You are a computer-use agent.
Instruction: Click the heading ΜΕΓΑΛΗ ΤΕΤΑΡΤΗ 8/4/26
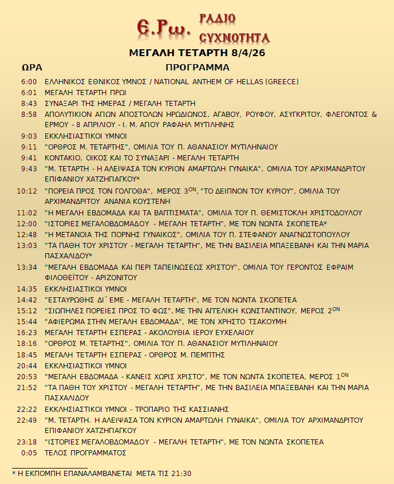[197, 53]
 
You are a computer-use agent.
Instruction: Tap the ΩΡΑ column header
[31, 68]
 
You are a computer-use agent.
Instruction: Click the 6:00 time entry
[29, 82]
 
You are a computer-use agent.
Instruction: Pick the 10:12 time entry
[27, 191]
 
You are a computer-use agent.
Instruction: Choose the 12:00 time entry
[27, 223]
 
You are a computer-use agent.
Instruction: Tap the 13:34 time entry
[27, 267]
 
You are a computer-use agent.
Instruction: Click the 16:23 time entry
[27, 332]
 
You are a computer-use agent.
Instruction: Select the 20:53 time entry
[27, 376]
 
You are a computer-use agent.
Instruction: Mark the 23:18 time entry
[27, 442]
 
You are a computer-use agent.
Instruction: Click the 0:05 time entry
[29, 452]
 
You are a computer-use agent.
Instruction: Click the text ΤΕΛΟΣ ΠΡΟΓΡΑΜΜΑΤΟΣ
[85, 452]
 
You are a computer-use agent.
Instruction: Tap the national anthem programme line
[171, 82]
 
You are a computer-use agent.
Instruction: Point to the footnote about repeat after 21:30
[101, 474]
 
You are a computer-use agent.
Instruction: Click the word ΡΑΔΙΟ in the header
[217, 18]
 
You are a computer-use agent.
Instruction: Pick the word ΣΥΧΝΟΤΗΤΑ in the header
[234, 38]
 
